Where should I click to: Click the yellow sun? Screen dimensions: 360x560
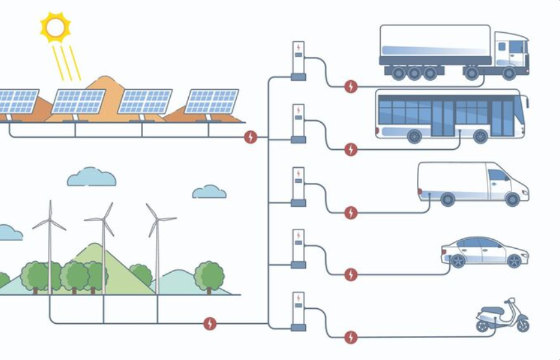click(55, 27)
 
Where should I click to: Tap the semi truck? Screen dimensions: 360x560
click(453, 52)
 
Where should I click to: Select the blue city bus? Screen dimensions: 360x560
click(451, 115)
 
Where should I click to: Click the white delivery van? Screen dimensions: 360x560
click(472, 183)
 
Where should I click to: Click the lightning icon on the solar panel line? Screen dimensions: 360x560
click(250, 137)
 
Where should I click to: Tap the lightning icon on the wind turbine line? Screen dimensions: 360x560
click(210, 323)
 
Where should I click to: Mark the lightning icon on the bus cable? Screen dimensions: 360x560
click(350, 149)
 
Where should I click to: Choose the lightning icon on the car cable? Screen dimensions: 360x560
click(350, 275)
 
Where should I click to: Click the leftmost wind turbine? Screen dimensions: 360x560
click(50, 246)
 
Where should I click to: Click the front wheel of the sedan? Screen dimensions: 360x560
click(513, 261)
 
